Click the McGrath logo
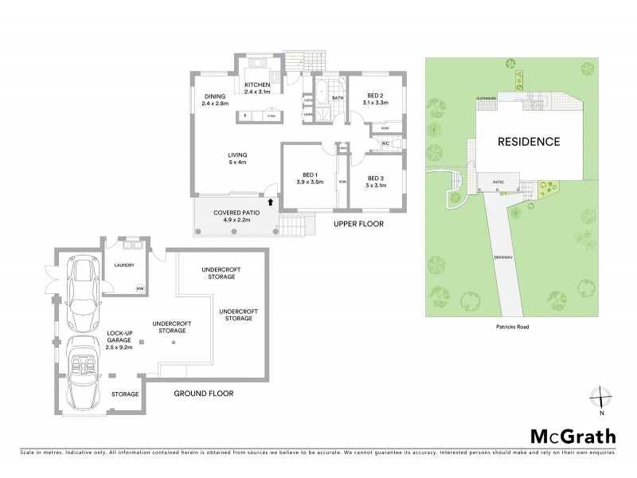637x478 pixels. [573, 436]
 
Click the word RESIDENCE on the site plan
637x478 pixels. [529, 142]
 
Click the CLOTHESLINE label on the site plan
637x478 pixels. [487, 98]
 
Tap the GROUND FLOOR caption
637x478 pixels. [204, 393]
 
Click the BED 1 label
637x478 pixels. [310, 178]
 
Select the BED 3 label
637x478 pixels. [375, 182]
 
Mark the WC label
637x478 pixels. [385, 143]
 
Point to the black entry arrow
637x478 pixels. [272, 202]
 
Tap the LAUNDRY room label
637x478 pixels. [124, 264]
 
